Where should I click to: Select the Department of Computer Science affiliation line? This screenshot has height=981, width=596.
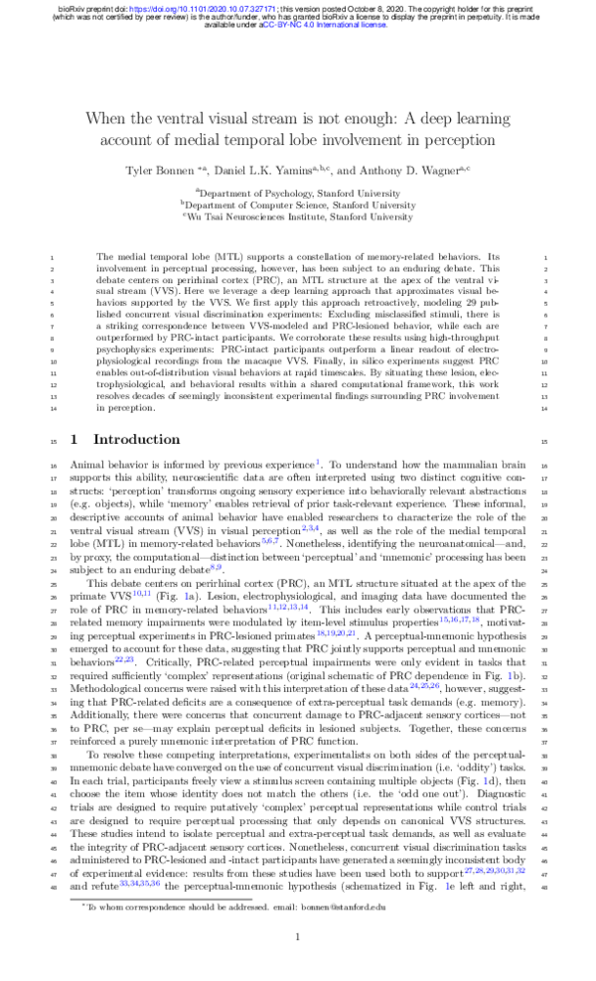pos(298,204)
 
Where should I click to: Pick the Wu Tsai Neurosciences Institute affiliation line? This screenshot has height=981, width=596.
pos(298,215)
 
